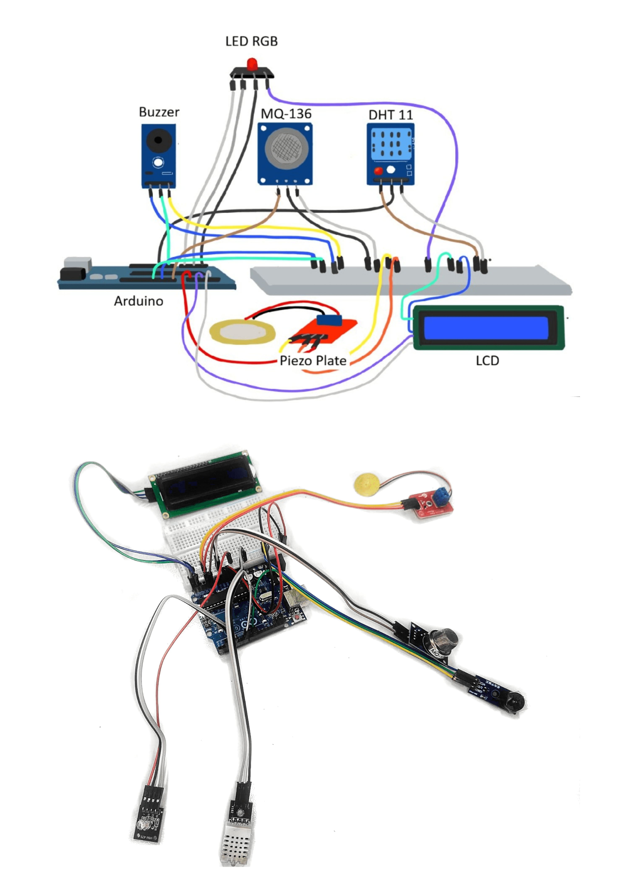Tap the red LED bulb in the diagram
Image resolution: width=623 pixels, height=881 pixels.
coord(252,63)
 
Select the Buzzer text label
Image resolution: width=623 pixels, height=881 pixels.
coord(159,112)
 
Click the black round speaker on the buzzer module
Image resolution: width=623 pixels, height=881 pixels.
coord(158,140)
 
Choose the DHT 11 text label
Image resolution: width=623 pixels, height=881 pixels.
coord(391,115)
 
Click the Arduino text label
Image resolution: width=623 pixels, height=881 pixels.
coord(138,301)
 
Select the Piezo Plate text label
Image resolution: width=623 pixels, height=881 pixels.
coord(313,361)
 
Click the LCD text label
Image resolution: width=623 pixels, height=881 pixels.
coord(487,361)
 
